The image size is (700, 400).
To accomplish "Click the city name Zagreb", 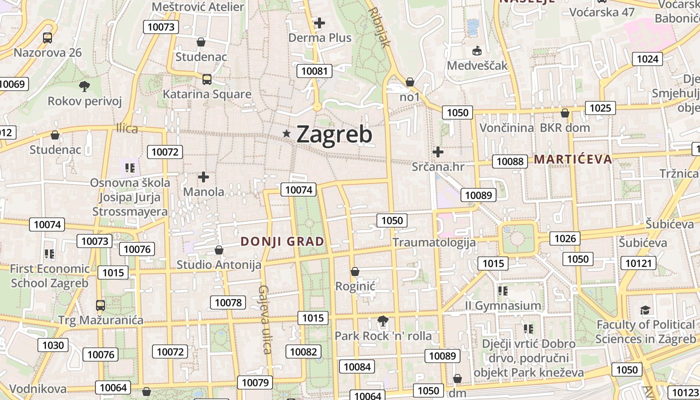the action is tap(334, 134).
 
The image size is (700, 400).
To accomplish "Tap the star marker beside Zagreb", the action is tap(286, 133).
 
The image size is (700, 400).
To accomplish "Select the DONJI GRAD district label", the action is tap(282, 241).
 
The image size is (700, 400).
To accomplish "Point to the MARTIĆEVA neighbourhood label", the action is tap(573, 159).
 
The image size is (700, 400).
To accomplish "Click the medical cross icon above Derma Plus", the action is tap(319, 22).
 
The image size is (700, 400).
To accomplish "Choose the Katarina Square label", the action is tap(207, 94).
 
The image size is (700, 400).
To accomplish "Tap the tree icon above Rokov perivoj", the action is tap(84, 86).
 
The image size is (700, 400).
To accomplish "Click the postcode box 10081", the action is tap(314, 71).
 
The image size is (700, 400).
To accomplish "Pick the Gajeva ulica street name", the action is tap(264, 319).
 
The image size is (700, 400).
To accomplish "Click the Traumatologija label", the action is tap(434, 242).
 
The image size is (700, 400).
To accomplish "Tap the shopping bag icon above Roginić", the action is tap(355, 271).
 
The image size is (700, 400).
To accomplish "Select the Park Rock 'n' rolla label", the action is tap(383, 336).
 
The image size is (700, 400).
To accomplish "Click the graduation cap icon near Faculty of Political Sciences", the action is tap(645, 310).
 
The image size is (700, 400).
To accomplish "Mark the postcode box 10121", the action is tap(639, 263).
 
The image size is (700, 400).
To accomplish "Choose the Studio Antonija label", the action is tap(219, 264).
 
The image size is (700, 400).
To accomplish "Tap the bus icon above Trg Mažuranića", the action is tap(100, 305).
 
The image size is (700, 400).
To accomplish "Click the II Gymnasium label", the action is tap(503, 305).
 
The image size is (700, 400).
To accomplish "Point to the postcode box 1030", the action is tap(53, 345).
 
